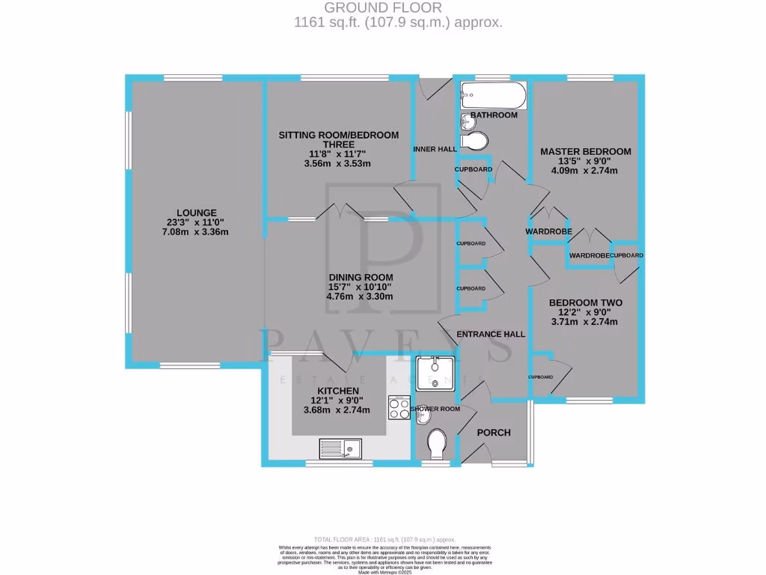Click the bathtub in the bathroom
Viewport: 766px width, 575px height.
[x=494, y=97]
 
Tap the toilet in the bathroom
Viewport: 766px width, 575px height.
[x=477, y=141]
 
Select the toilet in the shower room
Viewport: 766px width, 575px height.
[x=437, y=445]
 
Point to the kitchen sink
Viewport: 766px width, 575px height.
[x=352, y=449]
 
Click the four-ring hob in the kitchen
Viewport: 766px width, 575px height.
[x=397, y=408]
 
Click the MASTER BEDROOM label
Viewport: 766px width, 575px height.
[x=586, y=151]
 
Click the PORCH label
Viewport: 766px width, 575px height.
[x=494, y=433]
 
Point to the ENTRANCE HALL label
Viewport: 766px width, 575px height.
[x=491, y=334]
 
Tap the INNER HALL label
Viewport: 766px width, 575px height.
[x=435, y=150]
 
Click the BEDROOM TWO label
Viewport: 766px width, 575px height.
[x=585, y=303]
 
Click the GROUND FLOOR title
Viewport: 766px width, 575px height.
[x=397, y=8]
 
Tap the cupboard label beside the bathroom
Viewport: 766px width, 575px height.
[x=474, y=170]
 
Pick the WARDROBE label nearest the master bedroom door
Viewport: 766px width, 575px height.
[x=548, y=232]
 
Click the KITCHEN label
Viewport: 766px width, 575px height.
[x=338, y=391]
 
